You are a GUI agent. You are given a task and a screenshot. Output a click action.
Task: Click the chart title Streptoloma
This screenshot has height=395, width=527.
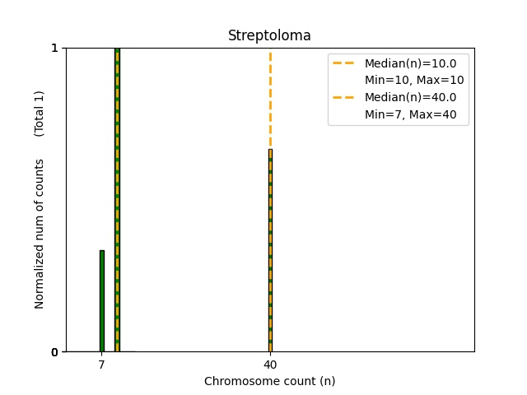click(269, 35)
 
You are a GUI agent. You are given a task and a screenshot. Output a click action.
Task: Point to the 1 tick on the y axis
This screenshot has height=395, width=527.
click(54, 48)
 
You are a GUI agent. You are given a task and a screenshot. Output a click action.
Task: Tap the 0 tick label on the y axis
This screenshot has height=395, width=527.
click(54, 352)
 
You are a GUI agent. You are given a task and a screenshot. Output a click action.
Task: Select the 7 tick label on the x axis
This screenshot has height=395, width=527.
click(101, 365)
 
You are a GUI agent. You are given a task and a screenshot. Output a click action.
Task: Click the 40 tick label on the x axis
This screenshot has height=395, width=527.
click(269, 365)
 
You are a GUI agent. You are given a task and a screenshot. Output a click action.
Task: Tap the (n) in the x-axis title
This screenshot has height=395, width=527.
click(327, 381)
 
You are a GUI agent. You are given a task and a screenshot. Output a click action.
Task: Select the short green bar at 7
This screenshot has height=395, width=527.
click(101, 301)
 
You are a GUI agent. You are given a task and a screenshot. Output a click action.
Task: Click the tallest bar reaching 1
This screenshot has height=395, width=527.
click(117, 197)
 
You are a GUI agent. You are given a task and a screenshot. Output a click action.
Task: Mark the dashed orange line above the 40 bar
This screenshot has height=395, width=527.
click(269, 99)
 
